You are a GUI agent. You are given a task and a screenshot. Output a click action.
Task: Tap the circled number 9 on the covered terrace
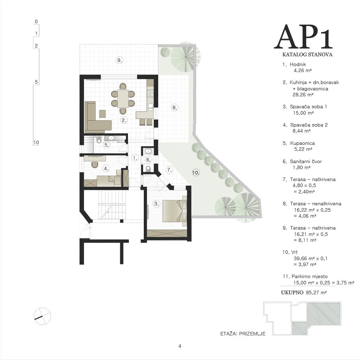click(120, 60)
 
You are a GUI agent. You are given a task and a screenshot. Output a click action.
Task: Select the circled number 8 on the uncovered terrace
click(174, 108)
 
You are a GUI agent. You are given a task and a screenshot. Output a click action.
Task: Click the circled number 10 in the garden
click(195, 173)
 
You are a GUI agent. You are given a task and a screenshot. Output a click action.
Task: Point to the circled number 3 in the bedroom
click(156, 204)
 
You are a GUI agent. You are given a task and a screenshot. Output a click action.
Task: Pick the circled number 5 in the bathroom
click(106, 145)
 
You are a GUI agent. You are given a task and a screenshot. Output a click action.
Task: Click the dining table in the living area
click(123, 98)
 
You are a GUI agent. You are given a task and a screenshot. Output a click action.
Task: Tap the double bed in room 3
click(174, 211)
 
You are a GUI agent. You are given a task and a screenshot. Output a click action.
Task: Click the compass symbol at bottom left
click(42, 316)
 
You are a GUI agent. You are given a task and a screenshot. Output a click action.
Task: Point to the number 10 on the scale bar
click(36, 142)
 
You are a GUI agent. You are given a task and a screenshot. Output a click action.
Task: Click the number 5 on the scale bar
click(36, 82)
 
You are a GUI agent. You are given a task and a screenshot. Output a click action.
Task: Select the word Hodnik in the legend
click(298, 65)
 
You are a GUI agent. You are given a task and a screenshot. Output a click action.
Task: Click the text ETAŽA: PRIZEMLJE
click(243, 334)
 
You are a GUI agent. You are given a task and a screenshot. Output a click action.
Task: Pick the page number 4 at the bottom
click(180, 346)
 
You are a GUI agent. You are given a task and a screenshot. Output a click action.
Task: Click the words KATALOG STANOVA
click(307, 54)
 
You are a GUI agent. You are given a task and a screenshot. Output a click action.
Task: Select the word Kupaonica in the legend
click(302, 143)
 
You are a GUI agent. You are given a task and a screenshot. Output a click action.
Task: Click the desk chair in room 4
click(95, 165)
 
